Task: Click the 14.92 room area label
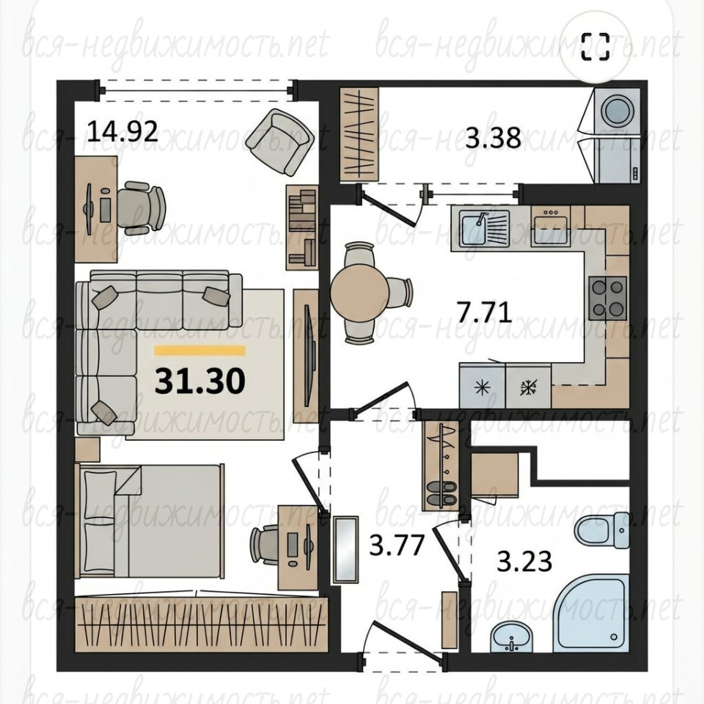[x=122, y=131]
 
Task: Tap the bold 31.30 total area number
[x=200, y=381]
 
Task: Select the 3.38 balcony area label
[x=493, y=137]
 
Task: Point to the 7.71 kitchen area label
[x=484, y=312]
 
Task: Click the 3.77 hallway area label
[x=397, y=545]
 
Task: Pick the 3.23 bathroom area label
[x=524, y=561]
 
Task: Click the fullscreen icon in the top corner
[x=595, y=47]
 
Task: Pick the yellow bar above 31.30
[x=199, y=351]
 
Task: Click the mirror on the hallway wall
[x=345, y=549]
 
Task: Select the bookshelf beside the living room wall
[x=302, y=228]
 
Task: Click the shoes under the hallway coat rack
[x=441, y=493]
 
